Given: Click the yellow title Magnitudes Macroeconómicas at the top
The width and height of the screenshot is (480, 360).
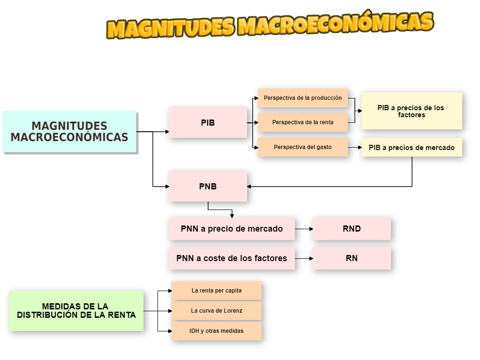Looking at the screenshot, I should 270,25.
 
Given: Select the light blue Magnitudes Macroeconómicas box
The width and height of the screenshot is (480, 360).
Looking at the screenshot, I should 69,132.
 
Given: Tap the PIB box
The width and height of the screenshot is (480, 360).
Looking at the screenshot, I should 208,122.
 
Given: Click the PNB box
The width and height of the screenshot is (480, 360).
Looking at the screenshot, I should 208,186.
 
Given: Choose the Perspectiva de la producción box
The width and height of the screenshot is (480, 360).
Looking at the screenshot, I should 303,98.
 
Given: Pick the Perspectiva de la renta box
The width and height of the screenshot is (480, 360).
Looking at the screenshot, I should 303,122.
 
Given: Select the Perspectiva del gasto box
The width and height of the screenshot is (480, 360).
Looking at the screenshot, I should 303,147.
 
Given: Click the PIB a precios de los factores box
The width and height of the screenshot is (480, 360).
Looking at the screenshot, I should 411,111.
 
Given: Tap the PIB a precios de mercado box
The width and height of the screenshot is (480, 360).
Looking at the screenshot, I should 411,147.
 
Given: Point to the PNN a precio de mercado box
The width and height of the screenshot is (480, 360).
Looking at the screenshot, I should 232,229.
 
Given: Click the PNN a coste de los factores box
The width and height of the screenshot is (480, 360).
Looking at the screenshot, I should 232,258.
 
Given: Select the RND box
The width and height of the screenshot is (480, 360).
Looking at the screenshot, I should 352,229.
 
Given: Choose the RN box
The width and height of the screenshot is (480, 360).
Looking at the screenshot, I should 352,258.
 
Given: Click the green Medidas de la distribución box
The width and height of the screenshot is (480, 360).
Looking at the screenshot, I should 76,310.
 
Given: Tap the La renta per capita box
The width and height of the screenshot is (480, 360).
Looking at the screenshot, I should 217,291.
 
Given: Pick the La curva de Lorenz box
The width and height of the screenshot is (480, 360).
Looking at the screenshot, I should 217,311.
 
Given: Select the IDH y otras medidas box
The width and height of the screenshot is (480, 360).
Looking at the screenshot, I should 217,331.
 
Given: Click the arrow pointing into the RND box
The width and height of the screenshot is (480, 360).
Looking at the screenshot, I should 305,229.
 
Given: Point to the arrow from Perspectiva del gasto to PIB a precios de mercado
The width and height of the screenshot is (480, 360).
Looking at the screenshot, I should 355,147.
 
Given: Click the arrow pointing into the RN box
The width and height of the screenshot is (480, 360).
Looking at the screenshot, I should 305,258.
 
